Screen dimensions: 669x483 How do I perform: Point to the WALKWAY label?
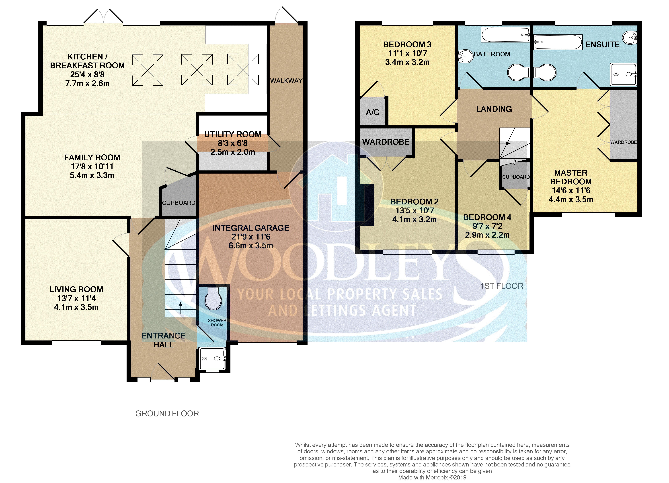286,81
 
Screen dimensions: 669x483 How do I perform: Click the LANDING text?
494,109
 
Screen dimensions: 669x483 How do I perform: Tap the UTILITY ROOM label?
233,134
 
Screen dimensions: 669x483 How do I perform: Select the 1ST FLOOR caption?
502,286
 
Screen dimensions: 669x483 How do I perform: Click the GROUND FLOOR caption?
167,414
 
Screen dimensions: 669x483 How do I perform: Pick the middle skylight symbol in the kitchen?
197,70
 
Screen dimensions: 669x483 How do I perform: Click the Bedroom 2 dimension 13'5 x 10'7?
415,211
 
